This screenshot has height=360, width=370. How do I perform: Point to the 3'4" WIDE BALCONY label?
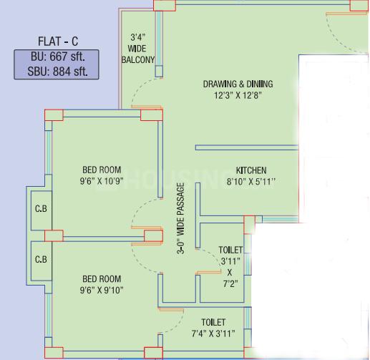click(x=142, y=49)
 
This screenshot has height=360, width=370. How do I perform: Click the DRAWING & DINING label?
click(x=238, y=84)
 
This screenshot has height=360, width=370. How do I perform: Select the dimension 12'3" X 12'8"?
click(x=238, y=95)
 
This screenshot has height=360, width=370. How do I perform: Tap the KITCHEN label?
click(x=251, y=170)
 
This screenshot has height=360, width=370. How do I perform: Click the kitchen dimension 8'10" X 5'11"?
click(x=251, y=182)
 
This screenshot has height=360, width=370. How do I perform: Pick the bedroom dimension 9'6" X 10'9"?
click(x=102, y=182)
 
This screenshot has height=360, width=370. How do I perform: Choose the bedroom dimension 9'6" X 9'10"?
click(x=102, y=290)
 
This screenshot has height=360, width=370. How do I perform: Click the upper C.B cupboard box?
click(x=41, y=210)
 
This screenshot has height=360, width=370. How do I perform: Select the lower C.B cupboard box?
click(x=41, y=259)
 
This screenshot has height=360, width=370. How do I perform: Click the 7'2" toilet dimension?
click(x=230, y=283)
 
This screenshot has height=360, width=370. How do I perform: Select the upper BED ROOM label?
click(x=102, y=170)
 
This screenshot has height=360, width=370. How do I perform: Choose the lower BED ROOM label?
click(x=102, y=278)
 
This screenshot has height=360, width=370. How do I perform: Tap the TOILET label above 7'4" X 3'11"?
click(x=213, y=323)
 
